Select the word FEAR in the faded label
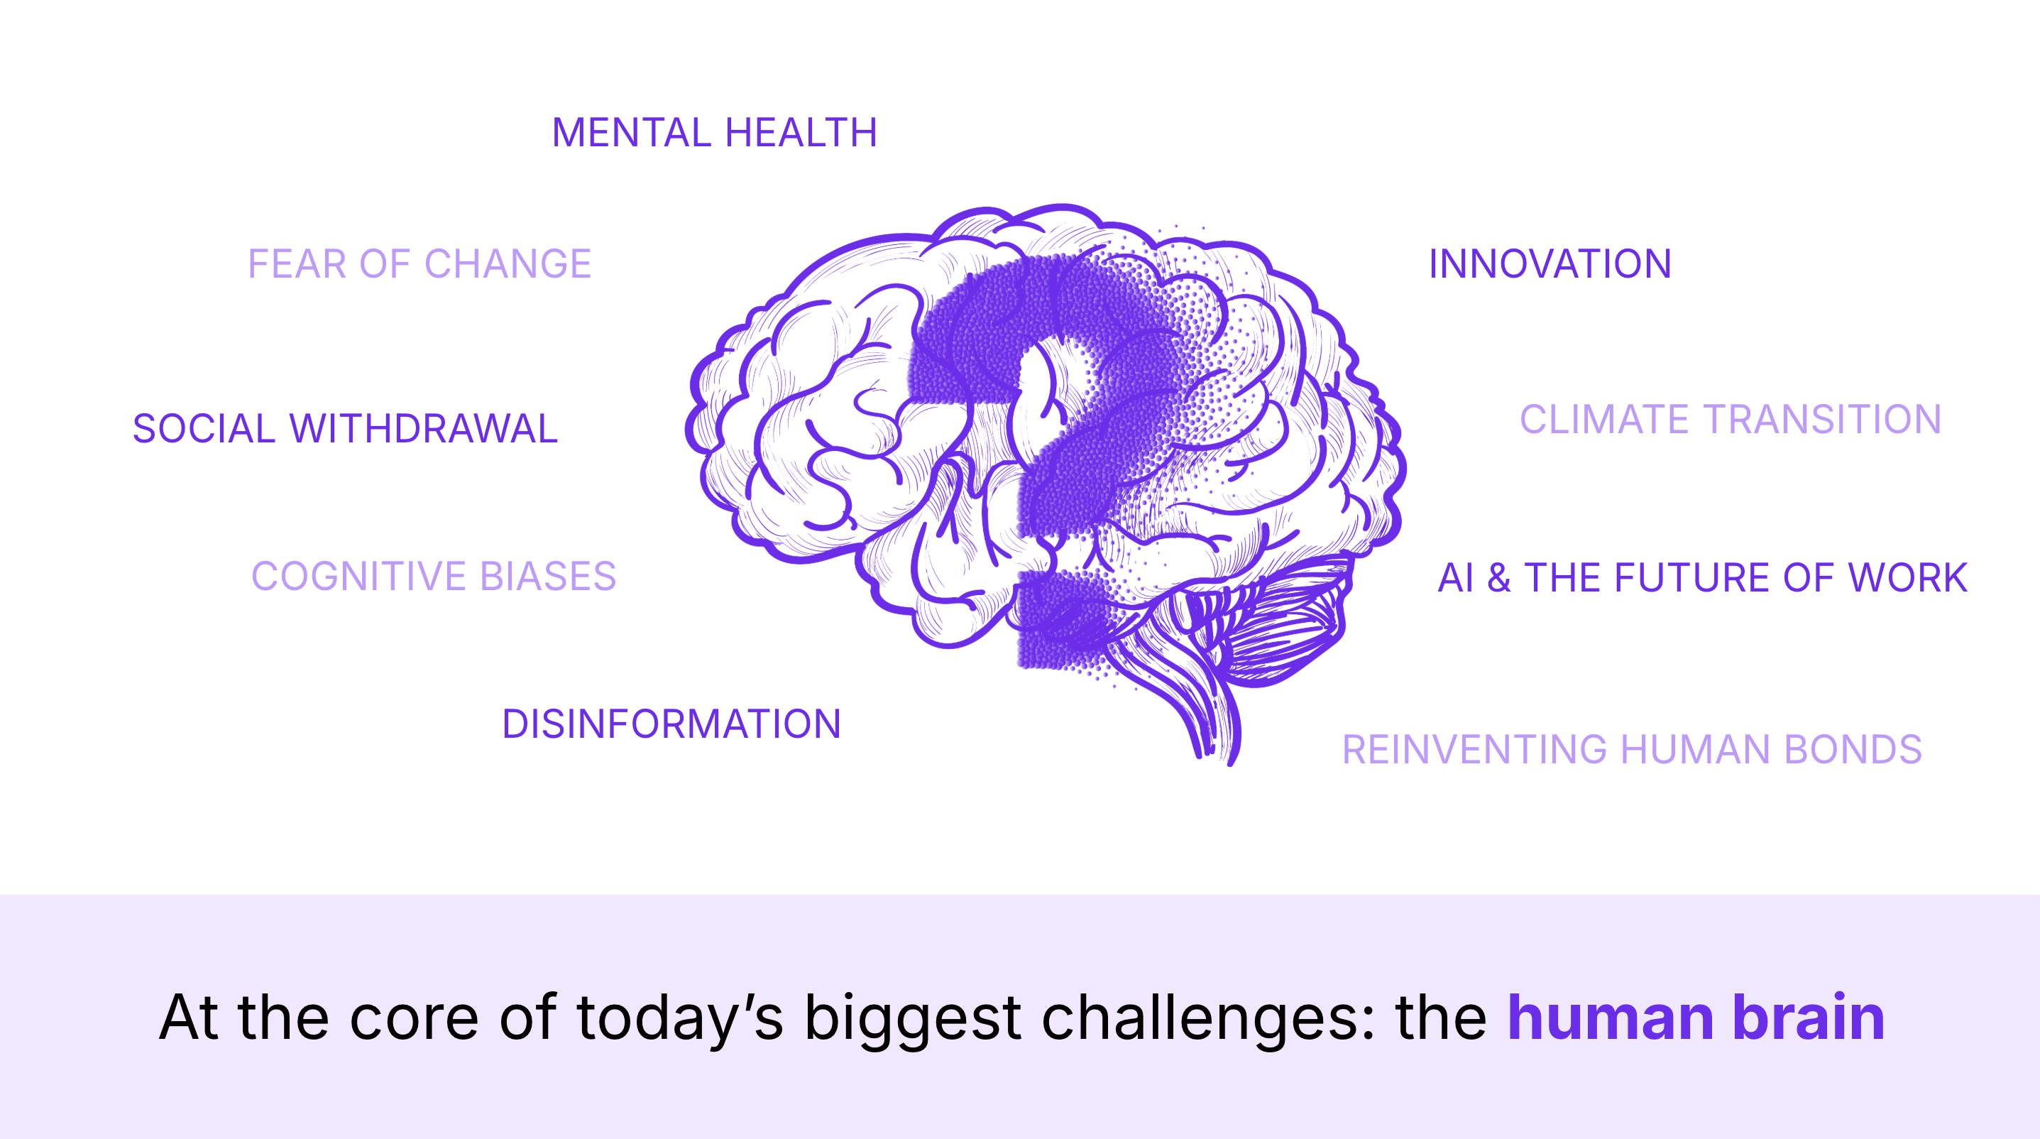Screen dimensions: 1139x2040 [297, 263]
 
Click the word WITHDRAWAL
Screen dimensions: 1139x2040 [424, 428]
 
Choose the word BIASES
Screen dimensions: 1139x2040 [548, 576]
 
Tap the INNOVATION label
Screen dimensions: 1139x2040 [1550, 263]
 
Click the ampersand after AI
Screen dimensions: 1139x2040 [1498, 577]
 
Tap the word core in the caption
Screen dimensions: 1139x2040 [413, 1017]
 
